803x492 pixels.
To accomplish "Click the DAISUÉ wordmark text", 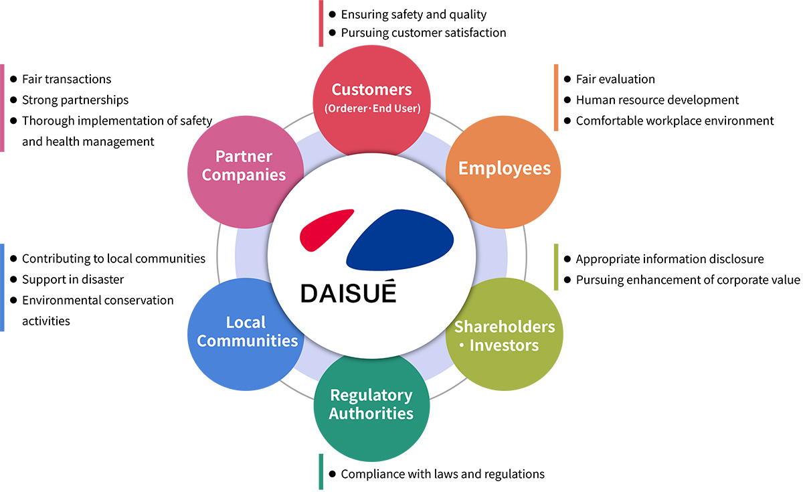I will pos(348,293).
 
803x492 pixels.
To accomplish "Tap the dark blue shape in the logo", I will pos(400,238).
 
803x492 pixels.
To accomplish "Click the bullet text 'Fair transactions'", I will pos(66,79).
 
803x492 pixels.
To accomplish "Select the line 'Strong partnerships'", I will pos(75,100).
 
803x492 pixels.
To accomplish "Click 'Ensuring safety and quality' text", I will pos(414,14).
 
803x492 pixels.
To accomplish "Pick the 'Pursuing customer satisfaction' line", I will pos(423,32).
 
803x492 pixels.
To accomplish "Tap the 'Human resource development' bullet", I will pos(657,100).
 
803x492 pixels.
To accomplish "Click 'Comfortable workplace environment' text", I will pos(675,120).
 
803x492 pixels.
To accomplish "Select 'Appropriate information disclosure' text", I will pos(669,258).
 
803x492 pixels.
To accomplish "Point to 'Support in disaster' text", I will pos(73,279).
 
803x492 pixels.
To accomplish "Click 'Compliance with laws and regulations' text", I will pos(442,474).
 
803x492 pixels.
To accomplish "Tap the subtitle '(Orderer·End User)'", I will pos(371,108).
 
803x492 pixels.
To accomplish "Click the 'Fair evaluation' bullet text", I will pos(615,79).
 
